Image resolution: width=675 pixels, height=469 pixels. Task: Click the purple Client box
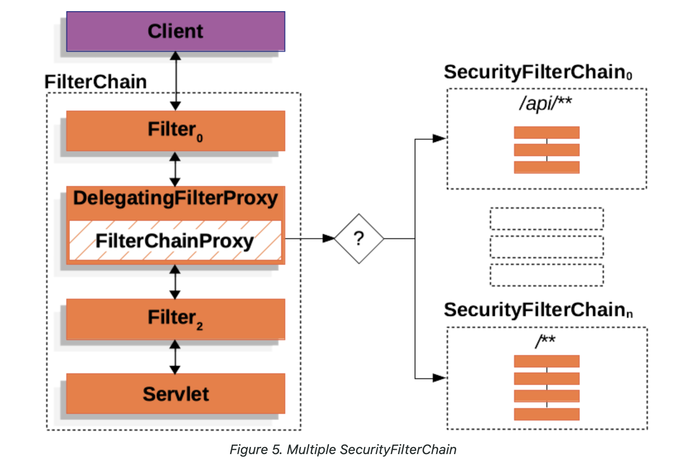pos(175,31)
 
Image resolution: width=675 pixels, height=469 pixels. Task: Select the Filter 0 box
pos(175,131)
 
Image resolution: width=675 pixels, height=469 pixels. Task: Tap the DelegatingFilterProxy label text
pos(175,198)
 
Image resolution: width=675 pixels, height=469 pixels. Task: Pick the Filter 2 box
pos(175,319)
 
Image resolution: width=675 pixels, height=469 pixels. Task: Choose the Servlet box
pos(175,394)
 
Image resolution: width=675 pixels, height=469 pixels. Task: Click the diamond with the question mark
pos(359,239)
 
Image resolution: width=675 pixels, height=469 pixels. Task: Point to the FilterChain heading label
pos(96,82)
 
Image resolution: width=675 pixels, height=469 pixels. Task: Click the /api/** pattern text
pos(545,103)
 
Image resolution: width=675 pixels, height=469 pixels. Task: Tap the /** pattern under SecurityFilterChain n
pos(545,341)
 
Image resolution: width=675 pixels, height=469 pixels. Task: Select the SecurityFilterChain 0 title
pos(538,72)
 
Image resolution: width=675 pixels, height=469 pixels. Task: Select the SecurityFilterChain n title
pos(538,310)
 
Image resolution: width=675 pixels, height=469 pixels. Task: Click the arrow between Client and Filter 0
pos(176,81)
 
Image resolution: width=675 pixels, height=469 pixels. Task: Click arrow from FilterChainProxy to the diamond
pos(309,239)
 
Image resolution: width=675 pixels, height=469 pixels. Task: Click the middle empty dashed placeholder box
pos(546,247)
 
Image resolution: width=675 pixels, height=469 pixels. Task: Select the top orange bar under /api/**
pos(546,133)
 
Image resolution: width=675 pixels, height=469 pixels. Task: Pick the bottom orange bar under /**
pos(546,414)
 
